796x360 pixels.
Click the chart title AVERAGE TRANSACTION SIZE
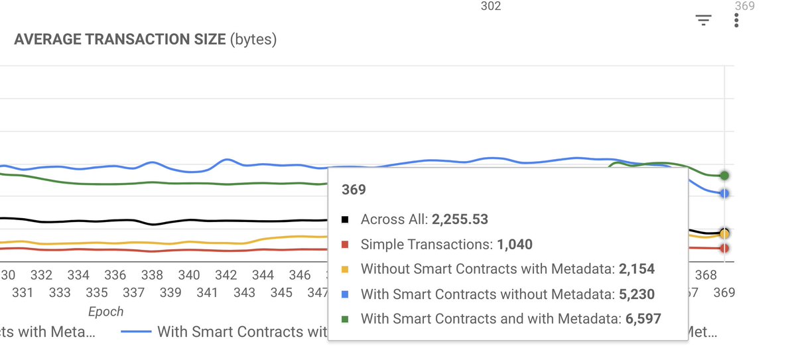tap(120, 40)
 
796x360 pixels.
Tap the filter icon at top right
tap(703, 21)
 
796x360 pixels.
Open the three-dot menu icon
tap(736, 21)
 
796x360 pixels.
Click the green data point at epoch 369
tap(724, 176)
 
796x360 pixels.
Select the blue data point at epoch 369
tap(724, 194)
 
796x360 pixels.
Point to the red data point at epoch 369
tap(724, 248)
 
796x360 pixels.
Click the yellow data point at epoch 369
tap(724, 234)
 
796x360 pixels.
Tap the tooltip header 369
tap(354, 190)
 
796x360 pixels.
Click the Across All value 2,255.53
tap(460, 219)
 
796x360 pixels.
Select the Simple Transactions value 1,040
tap(514, 245)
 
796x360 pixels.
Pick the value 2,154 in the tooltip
tap(636, 269)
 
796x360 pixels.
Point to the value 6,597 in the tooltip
tap(643, 319)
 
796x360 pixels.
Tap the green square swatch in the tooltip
tap(345, 319)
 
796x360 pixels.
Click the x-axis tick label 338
tap(152, 275)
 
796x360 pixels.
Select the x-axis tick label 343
tap(244, 292)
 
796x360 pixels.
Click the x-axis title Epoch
tap(106, 312)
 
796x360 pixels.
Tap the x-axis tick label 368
tap(706, 275)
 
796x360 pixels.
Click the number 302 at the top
tap(490, 7)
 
